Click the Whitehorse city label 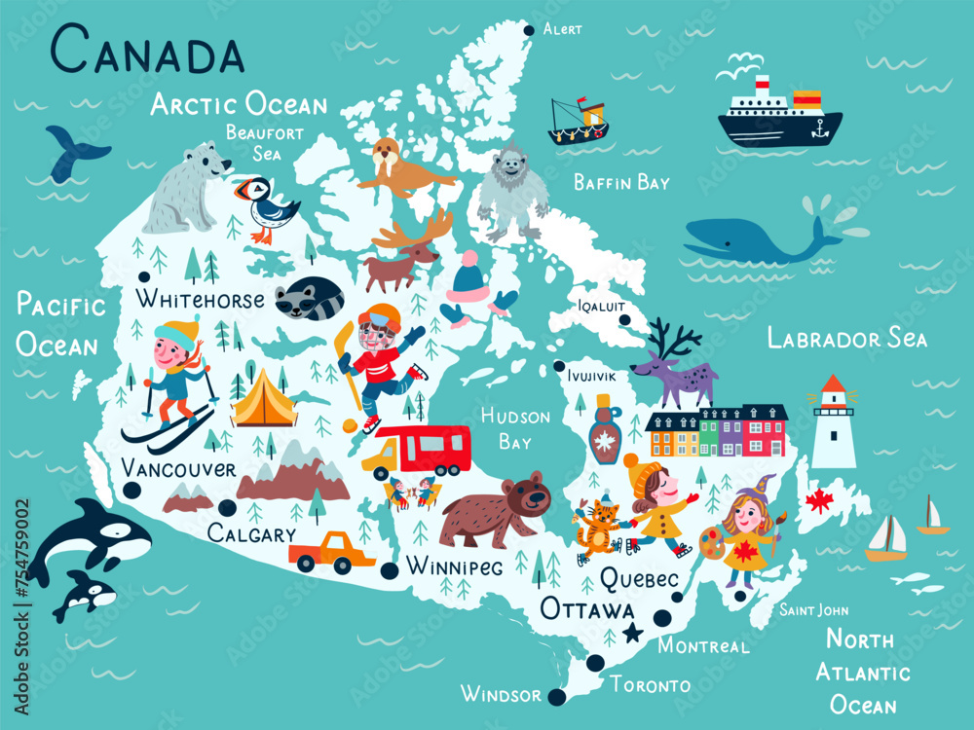tap(200, 299)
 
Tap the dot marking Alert tap(529, 30)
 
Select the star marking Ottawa tap(634, 634)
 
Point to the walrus tap(399, 167)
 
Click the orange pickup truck tap(332, 553)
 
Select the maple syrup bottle tap(605, 430)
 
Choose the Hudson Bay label tap(515, 429)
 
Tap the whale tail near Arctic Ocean tap(74, 151)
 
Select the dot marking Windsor tap(557, 697)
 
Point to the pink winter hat tap(468, 274)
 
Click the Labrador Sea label tap(847, 339)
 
